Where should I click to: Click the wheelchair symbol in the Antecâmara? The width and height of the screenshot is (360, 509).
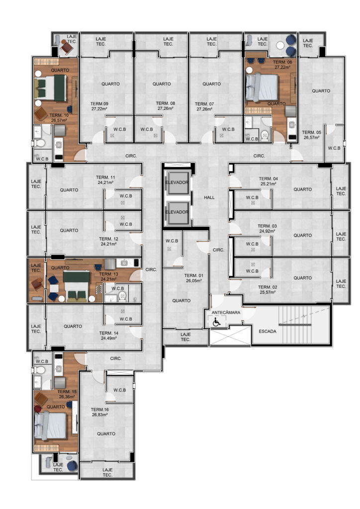(x=216, y=322)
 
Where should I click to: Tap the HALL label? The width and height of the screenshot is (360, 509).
(x=209, y=197)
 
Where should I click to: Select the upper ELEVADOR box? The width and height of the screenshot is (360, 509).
(x=177, y=182)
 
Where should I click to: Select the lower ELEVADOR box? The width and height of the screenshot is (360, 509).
(x=177, y=213)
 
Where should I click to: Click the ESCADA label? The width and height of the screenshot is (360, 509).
(x=268, y=332)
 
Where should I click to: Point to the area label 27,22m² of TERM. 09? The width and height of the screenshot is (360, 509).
(x=99, y=109)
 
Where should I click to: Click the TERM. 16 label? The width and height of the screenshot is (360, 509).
(x=99, y=410)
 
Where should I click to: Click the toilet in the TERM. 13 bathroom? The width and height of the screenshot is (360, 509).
(x=122, y=296)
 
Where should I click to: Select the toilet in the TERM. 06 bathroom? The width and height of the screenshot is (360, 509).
(x=265, y=135)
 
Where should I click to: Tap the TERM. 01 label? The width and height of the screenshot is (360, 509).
(x=194, y=275)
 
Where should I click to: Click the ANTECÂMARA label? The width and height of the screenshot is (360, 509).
(x=226, y=313)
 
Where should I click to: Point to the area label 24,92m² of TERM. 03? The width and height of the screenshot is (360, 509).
(x=267, y=232)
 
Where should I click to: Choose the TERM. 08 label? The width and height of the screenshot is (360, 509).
(x=165, y=103)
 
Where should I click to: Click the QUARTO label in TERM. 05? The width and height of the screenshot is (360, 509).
(x=321, y=91)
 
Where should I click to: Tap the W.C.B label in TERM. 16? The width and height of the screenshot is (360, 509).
(x=119, y=390)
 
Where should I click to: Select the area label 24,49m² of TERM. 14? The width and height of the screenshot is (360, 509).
(x=109, y=338)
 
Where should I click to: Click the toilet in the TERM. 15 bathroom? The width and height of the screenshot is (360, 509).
(x=40, y=370)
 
